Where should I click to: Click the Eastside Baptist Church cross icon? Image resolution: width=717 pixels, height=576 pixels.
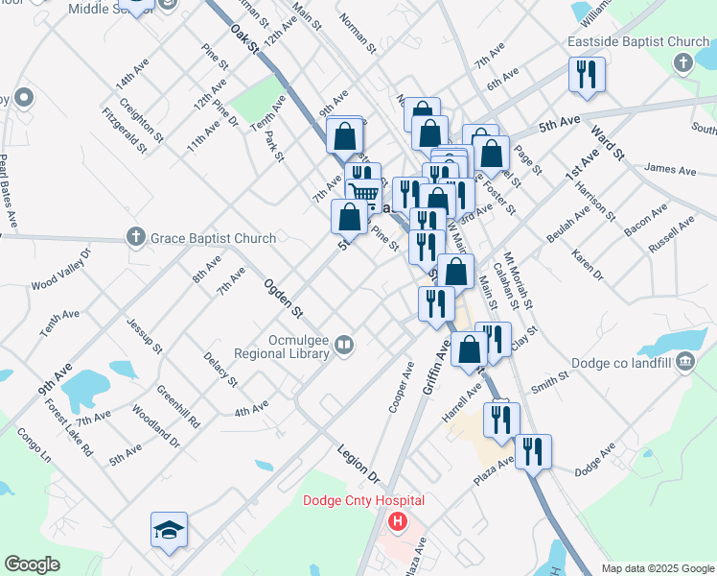682,63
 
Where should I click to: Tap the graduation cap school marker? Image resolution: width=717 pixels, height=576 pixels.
169,530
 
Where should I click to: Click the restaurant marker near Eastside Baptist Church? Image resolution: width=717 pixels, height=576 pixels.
587,75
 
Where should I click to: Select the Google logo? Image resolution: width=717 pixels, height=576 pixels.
32,564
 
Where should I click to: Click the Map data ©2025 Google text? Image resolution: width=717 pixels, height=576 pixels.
657,568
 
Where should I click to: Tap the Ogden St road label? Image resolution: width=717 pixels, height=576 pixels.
285,299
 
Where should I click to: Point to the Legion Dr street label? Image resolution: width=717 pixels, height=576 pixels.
358,463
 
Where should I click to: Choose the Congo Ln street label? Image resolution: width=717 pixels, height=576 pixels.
33,447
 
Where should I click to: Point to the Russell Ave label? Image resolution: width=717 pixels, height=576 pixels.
671,234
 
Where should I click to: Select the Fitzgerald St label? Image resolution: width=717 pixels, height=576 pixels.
125,131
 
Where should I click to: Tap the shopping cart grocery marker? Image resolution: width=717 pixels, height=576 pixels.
363,194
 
